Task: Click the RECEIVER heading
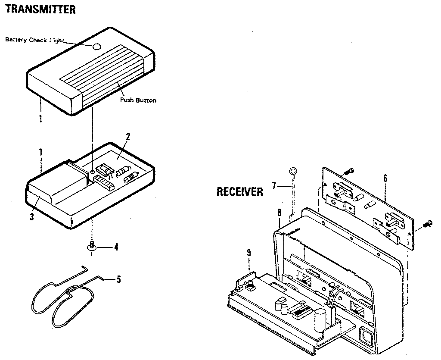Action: (239, 191)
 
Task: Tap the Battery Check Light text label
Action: (34, 40)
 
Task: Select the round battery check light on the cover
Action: (97, 47)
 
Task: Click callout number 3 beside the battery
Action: (31, 217)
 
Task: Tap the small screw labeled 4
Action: (91, 246)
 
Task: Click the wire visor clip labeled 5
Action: (65, 297)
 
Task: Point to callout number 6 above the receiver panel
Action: (385, 177)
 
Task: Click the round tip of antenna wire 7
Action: (292, 171)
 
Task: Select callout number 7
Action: (274, 186)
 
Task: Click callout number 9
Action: (248, 253)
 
